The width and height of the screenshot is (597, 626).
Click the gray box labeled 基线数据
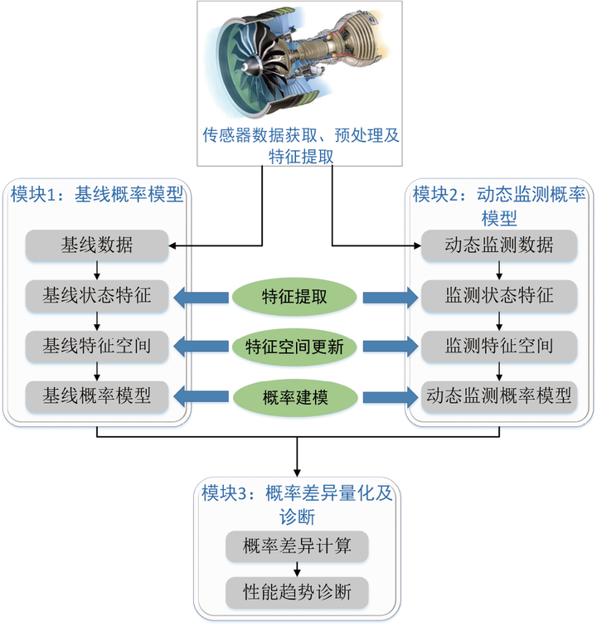pos(97,245)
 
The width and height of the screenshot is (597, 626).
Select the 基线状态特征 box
pos(97,296)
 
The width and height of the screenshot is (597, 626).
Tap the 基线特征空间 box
pos(97,346)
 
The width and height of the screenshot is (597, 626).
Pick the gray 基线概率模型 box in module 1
pos(97,396)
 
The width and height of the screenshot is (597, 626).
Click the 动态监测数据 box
pos(499,245)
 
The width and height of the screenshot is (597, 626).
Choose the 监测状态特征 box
pos(499,296)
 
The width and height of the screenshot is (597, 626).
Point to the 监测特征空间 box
pos(499,346)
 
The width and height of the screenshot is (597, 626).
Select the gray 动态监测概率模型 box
pos(499,396)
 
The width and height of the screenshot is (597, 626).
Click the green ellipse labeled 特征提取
pos(294,297)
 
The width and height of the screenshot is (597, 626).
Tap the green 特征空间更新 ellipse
pos(294,347)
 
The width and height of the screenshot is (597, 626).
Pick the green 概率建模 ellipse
pos(295,398)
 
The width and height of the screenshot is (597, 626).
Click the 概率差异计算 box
pos(297,546)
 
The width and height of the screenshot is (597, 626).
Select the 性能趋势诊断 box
pos(297,593)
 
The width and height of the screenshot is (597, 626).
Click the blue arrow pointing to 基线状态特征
pos(201,298)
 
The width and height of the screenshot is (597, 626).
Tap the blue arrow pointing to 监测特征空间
pos(391,347)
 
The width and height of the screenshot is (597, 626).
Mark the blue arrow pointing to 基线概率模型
pos(201,396)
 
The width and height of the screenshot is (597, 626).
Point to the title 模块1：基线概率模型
pos(97,195)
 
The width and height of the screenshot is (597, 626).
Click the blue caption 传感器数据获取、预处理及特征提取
pos(301,146)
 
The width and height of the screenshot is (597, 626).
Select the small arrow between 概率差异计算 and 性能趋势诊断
pos(297,570)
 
